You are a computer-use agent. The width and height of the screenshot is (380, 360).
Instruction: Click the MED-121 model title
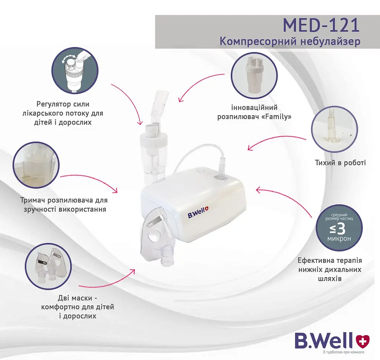pyautogui.click(x=321, y=25)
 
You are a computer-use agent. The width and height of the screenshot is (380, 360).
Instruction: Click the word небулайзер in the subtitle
pyautogui.click(x=330, y=41)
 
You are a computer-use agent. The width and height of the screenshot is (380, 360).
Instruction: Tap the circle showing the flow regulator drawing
pyautogui.click(x=75, y=71)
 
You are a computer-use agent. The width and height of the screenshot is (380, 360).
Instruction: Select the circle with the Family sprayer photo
pyautogui.click(x=254, y=75)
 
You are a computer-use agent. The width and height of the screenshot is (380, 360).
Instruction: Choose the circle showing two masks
pyautogui.click(x=49, y=266)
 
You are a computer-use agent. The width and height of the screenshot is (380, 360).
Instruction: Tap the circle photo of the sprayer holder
pyautogui.click(x=36, y=165)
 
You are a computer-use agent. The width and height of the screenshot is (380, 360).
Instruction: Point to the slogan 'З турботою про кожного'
pyautogui.click(x=344, y=352)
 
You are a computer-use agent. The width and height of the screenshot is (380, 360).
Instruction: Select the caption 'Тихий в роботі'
pyautogui.click(x=340, y=162)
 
